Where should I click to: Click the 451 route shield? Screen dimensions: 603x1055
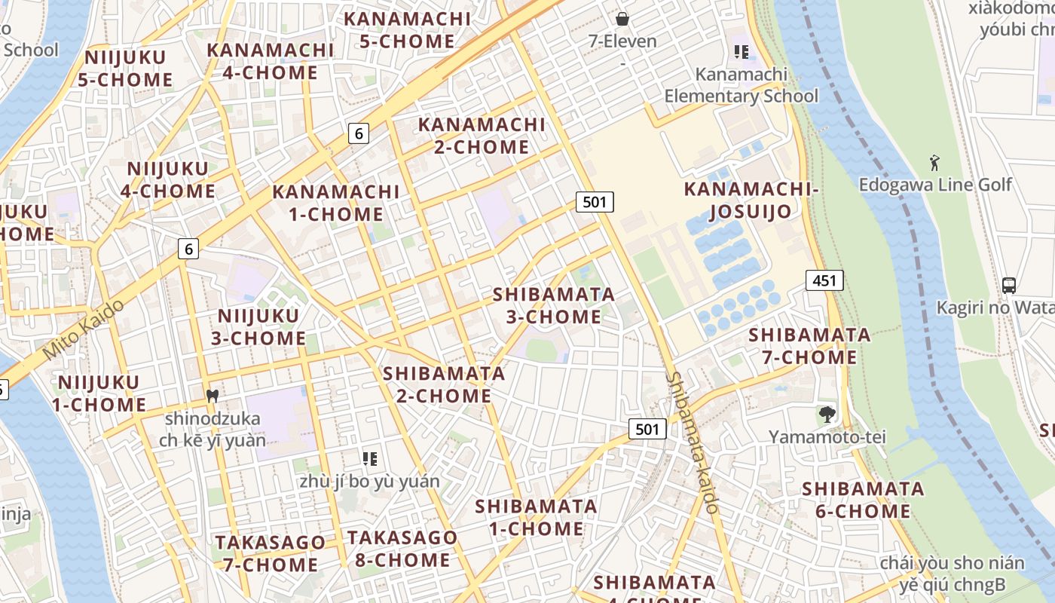pos(824,280)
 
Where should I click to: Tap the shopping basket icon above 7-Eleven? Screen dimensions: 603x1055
pos(622,19)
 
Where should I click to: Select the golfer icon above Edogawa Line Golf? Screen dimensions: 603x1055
pos(934,162)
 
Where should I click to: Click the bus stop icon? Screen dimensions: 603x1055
pos(1009,286)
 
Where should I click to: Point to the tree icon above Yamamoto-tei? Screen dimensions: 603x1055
pos(827,414)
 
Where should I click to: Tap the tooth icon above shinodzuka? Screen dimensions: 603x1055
pos(213,395)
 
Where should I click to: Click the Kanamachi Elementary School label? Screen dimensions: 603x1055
pos(741,85)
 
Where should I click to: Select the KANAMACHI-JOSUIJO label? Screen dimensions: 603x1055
pos(751,200)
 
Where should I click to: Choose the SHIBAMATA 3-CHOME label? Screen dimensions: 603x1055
pos(554,305)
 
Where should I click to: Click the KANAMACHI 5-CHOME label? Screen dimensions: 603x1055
pos(407,29)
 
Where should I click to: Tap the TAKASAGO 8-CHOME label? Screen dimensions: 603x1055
pos(402,549)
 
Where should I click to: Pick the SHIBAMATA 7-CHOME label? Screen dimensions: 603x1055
pos(809,345)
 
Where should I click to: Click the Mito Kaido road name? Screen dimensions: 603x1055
pos(84,329)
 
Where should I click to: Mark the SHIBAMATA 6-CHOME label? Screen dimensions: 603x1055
pos(863,500)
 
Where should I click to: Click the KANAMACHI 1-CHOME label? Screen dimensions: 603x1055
pos(336,202)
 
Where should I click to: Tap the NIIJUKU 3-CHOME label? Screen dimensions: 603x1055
pos(258,326)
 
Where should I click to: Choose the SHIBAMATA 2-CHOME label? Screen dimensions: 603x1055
pos(444,384)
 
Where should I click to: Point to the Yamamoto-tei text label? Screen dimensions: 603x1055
pos(827,436)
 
